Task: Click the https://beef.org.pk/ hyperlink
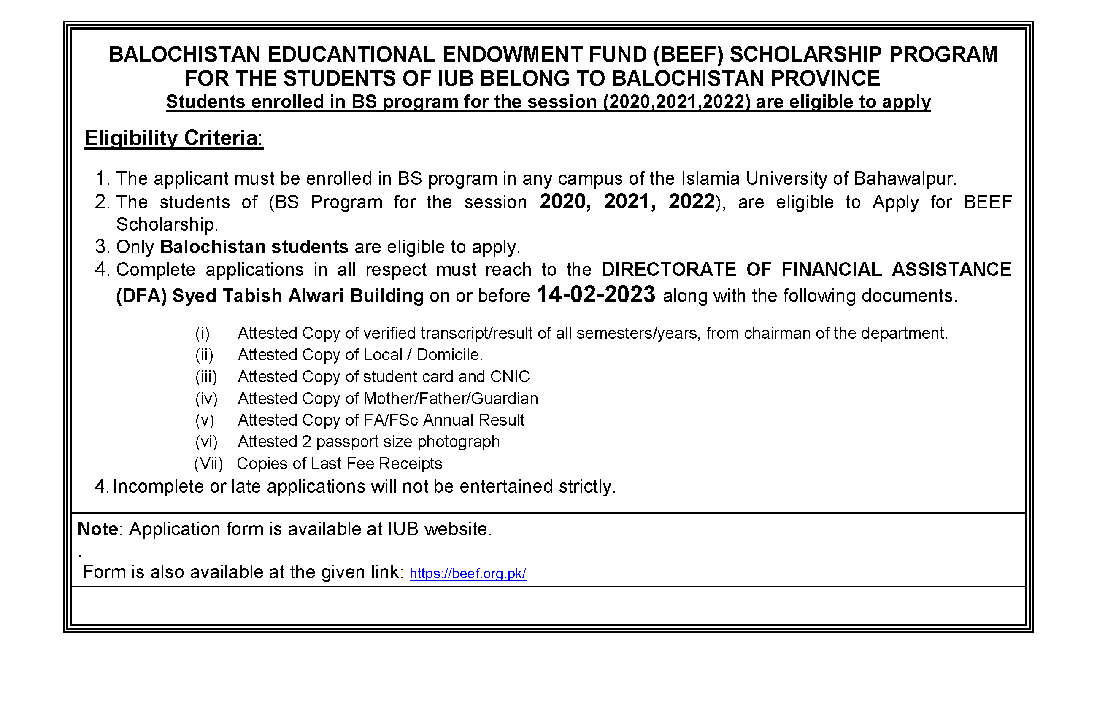click(467, 573)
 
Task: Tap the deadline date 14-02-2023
click(595, 294)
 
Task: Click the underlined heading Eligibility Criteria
click(171, 138)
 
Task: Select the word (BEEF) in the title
click(688, 55)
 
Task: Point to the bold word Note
click(98, 529)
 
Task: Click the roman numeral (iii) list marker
click(206, 377)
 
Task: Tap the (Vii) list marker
click(208, 464)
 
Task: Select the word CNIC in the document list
click(510, 377)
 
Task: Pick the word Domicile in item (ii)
click(449, 355)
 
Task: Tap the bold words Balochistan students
click(254, 247)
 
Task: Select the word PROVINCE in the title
click(825, 79)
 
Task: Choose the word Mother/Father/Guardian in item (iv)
click(451, 399)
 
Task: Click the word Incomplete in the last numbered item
click(158, 487)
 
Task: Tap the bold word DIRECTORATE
click(669, 270)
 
